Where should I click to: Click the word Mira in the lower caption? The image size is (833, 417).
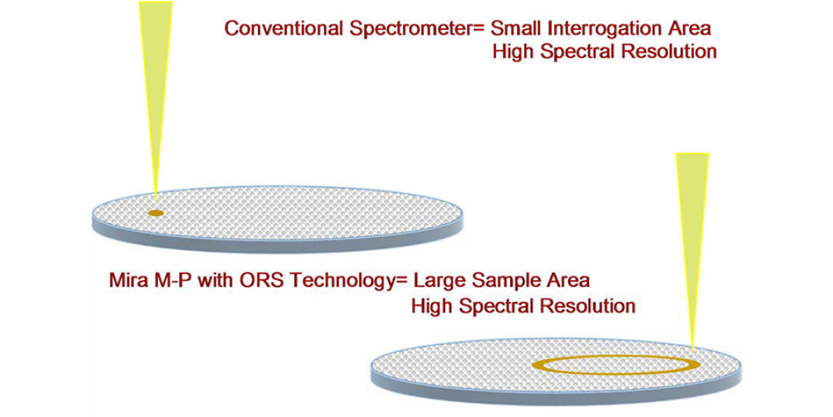pyautogui.click(x=126, y=280)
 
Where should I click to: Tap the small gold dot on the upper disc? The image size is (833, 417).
pyautogui.click(x=156, y=213)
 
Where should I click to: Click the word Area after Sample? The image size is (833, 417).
pyautogui.click(x=570, y=280)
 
